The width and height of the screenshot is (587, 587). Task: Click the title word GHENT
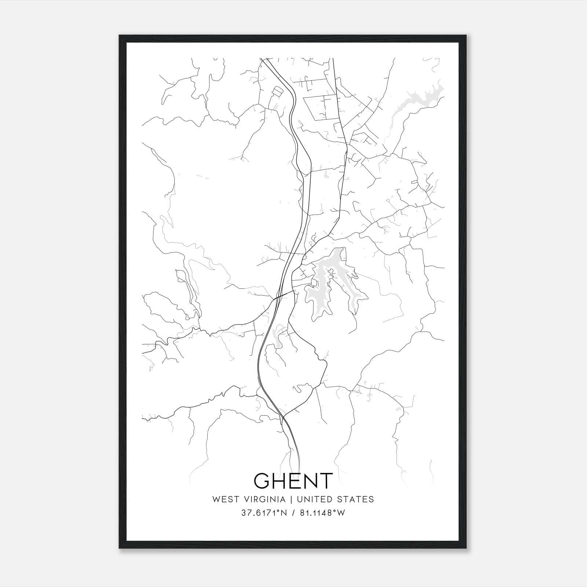click(293, 481)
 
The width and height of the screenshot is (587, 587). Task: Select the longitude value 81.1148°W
click(322, 513)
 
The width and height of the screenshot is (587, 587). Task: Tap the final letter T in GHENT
click(324, 481)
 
